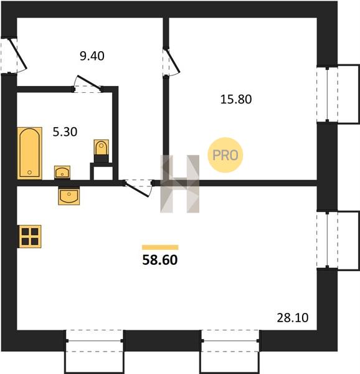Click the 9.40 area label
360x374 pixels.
(x=92, y=56)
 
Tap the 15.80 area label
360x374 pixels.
(x=236, y=99)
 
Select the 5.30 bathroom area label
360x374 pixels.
(x=65, y=132)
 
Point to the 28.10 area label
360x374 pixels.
(x=293, y=318)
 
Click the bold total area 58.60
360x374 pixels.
(x=160, y=260)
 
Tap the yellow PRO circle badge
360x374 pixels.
(x=225, y=155)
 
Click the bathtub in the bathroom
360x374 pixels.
(x=29, y=153)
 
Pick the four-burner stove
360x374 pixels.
(x=30, y=236)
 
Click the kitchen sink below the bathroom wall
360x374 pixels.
(x=69, y=196)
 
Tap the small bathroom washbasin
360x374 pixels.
(x=62, y=172)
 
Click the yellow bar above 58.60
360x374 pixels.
(x=160, y=247)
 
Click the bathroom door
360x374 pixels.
(x=87, y=84)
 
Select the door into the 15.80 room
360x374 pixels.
(x=171, y=62)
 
